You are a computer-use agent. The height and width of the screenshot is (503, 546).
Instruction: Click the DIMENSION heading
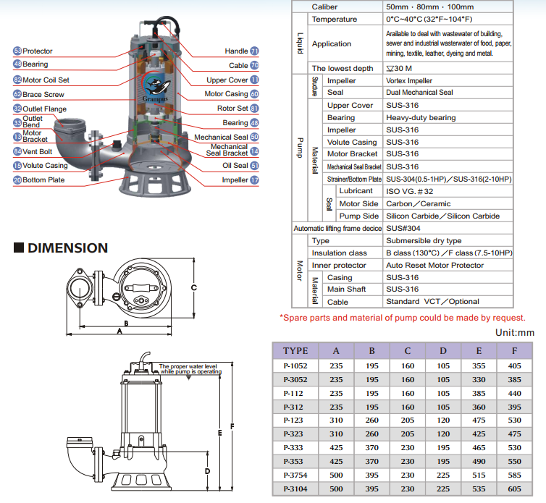67,248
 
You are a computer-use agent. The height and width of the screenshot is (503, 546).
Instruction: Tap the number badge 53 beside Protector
17,51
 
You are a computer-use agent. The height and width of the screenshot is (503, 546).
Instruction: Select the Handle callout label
236,51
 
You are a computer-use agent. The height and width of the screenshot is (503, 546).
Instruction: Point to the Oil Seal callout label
235,166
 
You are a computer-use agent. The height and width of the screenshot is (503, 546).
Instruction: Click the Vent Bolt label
38,151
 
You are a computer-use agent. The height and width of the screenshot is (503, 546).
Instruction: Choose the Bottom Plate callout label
44,179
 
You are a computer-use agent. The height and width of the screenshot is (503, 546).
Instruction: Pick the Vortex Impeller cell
409,81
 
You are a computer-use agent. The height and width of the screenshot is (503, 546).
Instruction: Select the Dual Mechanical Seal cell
420,93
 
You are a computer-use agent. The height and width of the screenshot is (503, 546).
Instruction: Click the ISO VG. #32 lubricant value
409,191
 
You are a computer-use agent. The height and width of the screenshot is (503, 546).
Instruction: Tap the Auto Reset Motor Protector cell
434,266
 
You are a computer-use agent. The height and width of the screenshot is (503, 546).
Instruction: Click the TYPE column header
295,351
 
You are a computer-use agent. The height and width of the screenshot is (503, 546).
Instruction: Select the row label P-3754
295,475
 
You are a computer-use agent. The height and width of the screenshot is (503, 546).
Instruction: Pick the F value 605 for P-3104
515,489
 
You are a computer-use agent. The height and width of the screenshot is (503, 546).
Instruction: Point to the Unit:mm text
514,333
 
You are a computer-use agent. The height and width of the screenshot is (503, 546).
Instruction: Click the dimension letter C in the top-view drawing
193,287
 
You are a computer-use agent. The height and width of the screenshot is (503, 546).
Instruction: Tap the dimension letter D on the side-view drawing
207,471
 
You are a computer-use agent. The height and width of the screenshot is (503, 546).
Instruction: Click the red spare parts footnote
403,318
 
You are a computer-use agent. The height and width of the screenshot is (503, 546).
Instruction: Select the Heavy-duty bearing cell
421,117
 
